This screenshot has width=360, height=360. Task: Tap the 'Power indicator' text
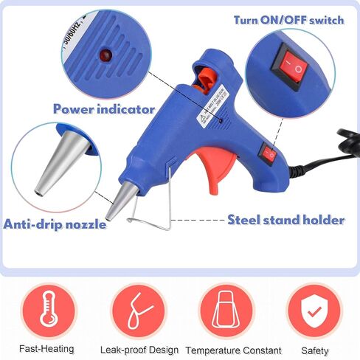click(104, 108)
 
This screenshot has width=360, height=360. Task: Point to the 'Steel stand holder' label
click(285, 219)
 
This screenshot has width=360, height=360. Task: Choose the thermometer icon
click(49, 309)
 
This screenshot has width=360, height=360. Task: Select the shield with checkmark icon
click(314, 309)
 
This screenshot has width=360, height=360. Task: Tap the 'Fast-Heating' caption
click(49, 349)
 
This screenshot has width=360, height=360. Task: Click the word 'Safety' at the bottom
click(314, 349)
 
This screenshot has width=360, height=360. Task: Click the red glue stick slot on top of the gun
click(209, 76)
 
